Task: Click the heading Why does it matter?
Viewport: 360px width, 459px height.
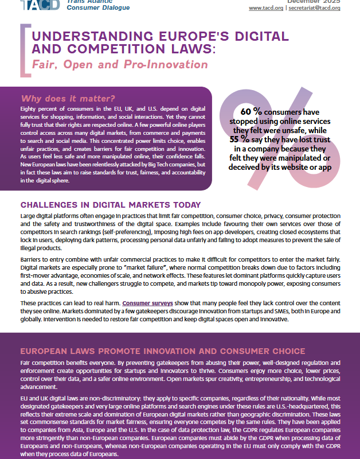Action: pyautogui.click(x=60, y=98)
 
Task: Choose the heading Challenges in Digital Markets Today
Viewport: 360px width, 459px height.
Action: pyautogui.click(x=110, y=204)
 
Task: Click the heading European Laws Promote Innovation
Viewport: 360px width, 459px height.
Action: pyautogui.click(x=154, y=351)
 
